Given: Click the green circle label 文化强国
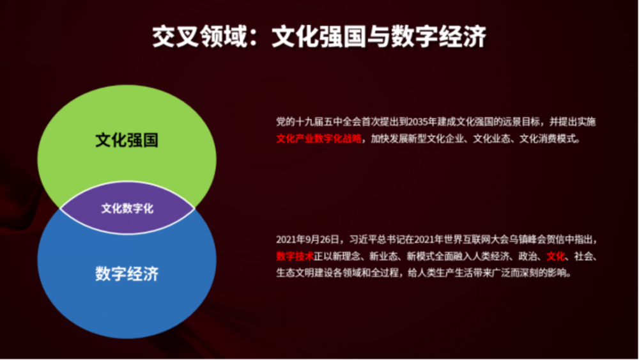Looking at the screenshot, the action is pos(127,140).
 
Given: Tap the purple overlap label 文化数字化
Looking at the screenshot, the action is pos(127,208).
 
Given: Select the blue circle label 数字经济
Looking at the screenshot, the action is pos(127,274).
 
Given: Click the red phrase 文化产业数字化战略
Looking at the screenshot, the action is pos(319,139).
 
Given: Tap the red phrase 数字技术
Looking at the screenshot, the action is pos(295,256).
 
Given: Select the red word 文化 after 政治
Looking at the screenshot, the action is pos(556,256).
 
